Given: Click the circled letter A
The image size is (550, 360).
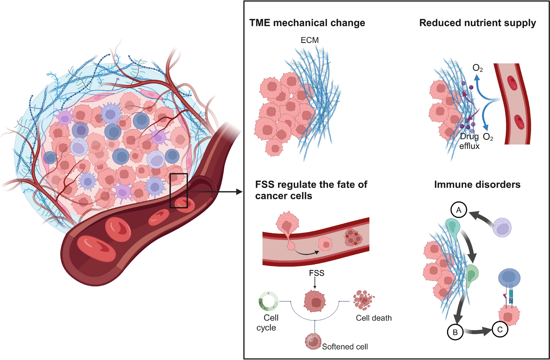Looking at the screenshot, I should [459, 210].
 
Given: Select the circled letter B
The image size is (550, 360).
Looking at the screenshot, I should [455, 332].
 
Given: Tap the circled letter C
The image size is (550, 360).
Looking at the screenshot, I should [500, 329].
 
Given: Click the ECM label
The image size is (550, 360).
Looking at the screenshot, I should [310, 40].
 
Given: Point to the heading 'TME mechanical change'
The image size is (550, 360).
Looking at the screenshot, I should [307, 23].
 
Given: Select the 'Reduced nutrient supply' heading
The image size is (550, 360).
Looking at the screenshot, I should [477, 23].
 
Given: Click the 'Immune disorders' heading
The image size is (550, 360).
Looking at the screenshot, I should [477, 185].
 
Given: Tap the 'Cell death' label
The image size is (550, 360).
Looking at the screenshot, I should [374, 318].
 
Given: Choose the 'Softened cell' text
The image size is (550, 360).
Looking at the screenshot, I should [345, 347].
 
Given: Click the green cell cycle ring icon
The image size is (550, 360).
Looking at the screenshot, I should [268, 301].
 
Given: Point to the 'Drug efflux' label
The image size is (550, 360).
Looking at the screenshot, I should [469, 141].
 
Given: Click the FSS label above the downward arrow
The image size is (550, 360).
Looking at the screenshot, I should [316, 273].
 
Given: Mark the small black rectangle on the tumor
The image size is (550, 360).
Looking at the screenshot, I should [179, 190].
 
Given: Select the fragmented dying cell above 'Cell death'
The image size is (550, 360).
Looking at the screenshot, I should [363, 300].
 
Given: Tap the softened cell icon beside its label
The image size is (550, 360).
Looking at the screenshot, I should [313, 342].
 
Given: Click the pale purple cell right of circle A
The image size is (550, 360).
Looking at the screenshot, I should [502, 227].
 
